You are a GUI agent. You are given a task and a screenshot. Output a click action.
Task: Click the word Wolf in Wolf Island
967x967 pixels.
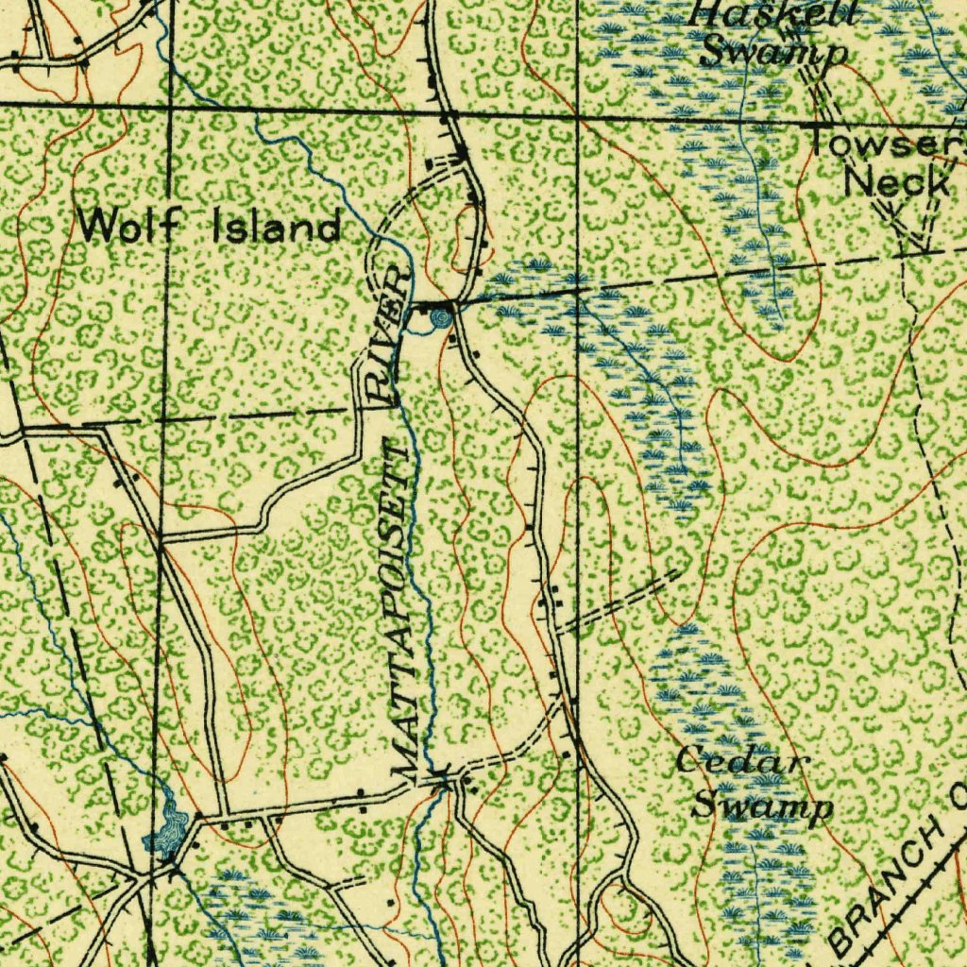tap(138, 226)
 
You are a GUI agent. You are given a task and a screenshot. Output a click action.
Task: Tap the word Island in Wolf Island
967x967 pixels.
tap(277, 227)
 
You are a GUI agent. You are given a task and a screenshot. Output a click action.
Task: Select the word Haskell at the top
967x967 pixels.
tap(773, 13)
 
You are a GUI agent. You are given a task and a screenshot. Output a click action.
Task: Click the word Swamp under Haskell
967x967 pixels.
tap(773, 52)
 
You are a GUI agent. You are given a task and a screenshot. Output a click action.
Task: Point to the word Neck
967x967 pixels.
tap(896, 181)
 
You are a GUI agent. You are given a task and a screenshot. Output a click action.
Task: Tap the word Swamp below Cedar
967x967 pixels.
tap(762, 806)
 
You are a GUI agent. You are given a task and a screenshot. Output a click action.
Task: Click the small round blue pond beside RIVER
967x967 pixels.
tap(439, 320)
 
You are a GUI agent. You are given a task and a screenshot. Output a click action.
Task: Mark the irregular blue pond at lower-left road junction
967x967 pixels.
tap(167, 829)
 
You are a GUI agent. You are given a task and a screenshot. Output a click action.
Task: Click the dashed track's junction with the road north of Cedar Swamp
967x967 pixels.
tap(557, 628)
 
